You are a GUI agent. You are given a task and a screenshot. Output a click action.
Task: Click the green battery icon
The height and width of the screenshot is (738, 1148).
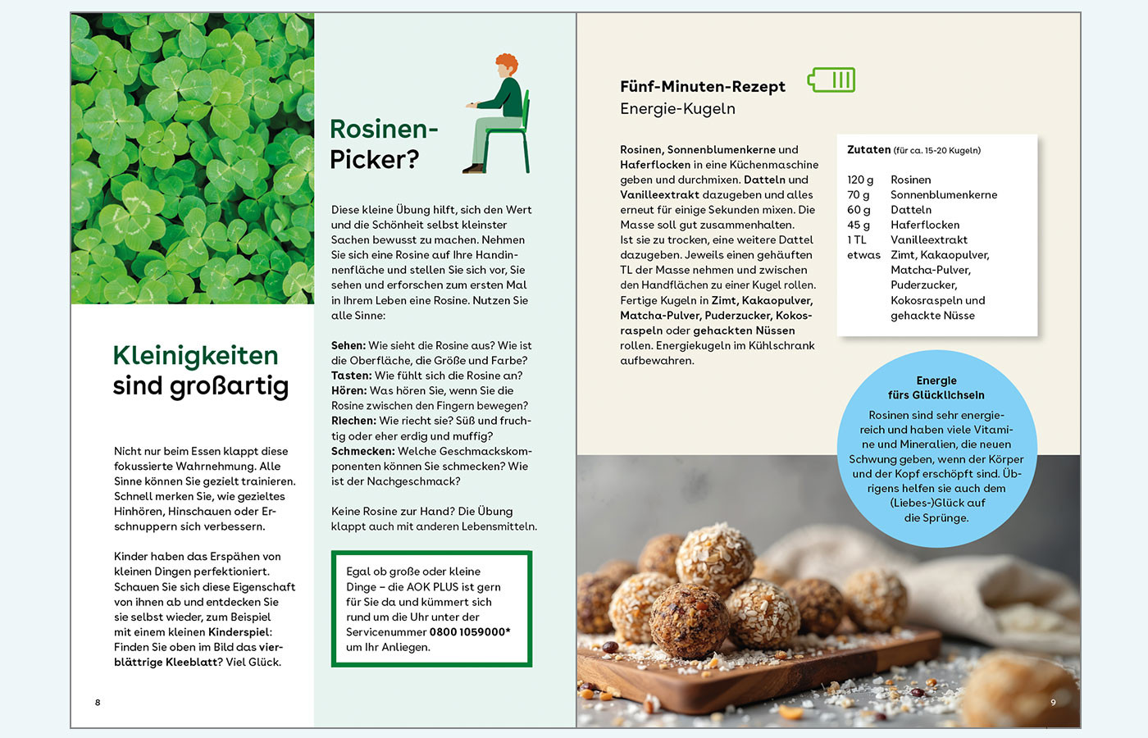coord(831,80)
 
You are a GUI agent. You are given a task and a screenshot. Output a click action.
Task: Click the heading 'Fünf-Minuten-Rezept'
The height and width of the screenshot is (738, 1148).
coord(702,86)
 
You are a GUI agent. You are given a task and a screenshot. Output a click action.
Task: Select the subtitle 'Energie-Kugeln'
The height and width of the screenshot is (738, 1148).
coord(677,108)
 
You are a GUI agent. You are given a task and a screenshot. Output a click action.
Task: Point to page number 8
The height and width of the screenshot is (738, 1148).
coord(98,702)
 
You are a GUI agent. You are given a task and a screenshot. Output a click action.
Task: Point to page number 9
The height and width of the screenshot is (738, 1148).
coord(1053,702)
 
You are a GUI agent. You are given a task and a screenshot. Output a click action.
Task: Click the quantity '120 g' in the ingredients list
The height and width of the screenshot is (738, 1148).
coord(860,180)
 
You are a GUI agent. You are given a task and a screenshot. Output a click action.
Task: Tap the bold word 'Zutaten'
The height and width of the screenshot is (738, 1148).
coord(868,149)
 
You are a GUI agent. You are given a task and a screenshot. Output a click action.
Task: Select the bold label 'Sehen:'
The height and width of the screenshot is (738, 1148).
coord(348,345)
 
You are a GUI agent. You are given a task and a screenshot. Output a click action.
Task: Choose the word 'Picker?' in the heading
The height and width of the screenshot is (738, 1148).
coord(374,159)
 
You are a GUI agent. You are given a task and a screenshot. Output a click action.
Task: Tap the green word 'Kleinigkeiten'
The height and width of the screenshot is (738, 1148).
coord(195,355)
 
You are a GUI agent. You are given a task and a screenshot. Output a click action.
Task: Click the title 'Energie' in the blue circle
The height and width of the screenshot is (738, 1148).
coord(936,380)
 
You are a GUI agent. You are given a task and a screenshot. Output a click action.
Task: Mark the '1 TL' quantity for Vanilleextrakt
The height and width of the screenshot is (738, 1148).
coord(856,239)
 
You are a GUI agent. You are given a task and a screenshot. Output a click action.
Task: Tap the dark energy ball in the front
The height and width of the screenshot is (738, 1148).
coord(689,619)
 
